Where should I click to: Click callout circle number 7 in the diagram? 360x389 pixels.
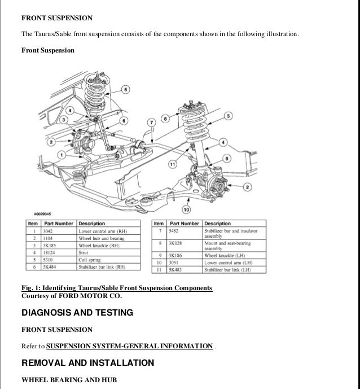(x=151, y=123)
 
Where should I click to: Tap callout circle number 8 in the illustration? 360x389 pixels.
(x=165, y=118)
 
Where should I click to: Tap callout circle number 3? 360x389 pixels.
(x=64, y=120)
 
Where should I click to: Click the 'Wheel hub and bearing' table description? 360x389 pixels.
(x=102, y=238)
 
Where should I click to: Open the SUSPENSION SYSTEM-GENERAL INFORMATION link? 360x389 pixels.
(x=129, y=346)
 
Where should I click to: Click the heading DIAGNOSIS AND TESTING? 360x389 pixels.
(x=77, y=312)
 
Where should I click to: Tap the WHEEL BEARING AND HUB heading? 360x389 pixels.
(x=69, y=380)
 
